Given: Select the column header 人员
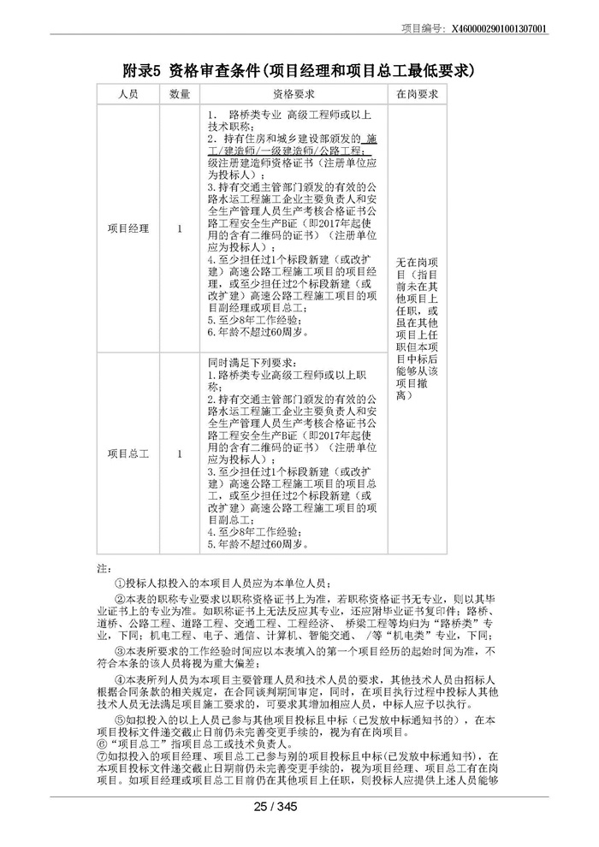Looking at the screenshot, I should [x=128, y=93].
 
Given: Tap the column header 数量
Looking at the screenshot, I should [x=180, y=93].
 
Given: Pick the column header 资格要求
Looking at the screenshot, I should [x=294, y=93].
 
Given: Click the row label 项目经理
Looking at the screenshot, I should [x=128, y=228].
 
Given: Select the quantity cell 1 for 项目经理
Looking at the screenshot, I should [x=180, y=228].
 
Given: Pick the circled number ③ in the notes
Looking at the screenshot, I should [x=119, y=651].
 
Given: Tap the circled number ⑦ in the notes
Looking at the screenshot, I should [x=103, y=756].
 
